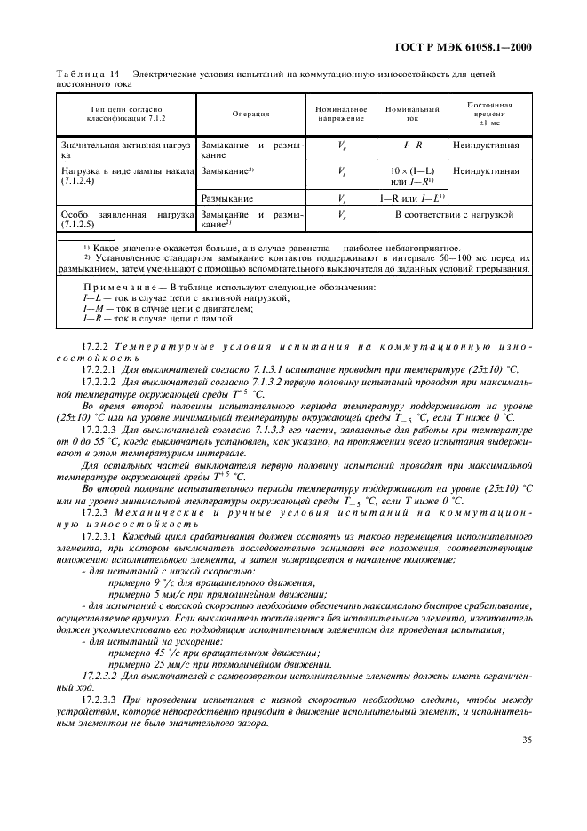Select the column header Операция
[x=251, y=114]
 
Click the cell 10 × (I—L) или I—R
[x=412, y=175]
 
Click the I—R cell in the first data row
[x=412, y=144]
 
